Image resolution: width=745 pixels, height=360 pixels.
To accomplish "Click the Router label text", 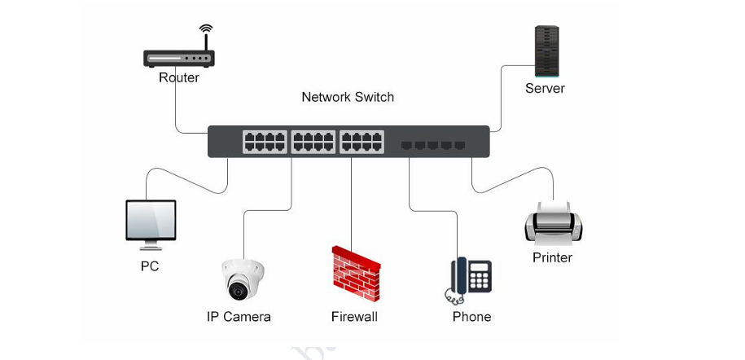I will pyautogui.click(x=179, y=78).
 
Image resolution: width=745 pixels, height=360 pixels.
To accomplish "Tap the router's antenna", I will pyautogui.click(x=206, y=37).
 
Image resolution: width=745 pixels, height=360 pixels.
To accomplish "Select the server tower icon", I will pyautogui.click(x=546, y=51).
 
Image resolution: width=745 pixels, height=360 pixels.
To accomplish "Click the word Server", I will pyautogui.click(x=545, y=89).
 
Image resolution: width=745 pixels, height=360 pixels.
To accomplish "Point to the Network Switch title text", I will pyautogui.click(x=348, y=97).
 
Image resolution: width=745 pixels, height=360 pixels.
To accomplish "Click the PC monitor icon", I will pyautogui.click(x=151, y=222).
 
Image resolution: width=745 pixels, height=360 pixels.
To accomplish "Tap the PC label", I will pyautogui.click(x=150, y=266).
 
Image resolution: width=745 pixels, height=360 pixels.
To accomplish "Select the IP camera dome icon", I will pyautogui.click(x=242, y=279).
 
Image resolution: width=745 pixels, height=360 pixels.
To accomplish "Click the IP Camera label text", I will pyautogui.click(x=239, y=317).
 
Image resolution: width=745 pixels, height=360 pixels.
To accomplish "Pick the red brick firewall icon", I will pyautogui.click(x=356, y=273).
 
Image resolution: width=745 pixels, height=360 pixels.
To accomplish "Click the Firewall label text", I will pyautogui.click(x=354, y=317).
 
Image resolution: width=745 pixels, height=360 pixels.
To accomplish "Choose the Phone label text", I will pyautogui.click(x=472, y=317).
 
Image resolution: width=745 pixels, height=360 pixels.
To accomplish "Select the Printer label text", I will pyautogui.click(x=552, y=258).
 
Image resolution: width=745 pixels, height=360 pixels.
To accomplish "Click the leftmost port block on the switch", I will pyautogui.click(x=264, y=142).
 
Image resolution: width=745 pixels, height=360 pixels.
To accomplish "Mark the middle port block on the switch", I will pyautogui.click(x=313, y=142).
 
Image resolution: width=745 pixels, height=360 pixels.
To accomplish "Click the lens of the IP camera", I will pyautogui.click(x=239, y=288).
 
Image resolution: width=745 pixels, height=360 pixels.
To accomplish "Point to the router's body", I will pyautogui.click(x=179, y=59).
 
